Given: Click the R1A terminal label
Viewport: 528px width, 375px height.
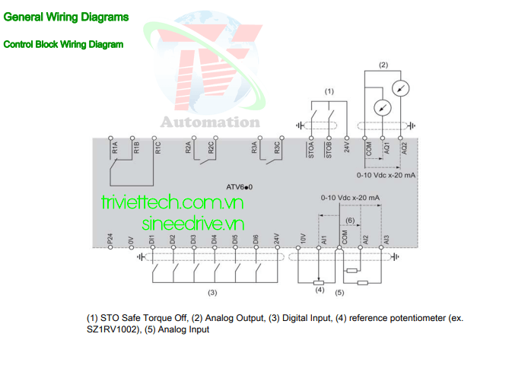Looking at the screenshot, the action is click(x=115, y=148).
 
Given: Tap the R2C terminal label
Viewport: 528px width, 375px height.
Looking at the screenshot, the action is click(x=211, y=148).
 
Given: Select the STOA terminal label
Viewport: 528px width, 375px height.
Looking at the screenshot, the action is click(x=311, y=150).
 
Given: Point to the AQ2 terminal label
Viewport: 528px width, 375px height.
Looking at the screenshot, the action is click(x=405, y=148).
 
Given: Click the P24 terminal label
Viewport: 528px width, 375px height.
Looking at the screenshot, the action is click(x=110, y=239).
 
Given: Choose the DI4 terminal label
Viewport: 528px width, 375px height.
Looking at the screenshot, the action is click(x=214, y=240).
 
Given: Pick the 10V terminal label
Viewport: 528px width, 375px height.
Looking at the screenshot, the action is click(x=303, y=238).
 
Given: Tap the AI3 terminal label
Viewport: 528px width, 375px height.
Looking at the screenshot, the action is click(x=386, y=240).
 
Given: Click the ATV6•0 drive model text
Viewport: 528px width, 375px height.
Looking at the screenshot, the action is click(x=240, y=187).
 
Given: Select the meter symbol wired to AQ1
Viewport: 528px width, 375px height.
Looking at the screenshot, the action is click(x=383, y=108).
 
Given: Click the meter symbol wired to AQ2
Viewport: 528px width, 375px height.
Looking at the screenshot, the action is click(x=401, y=88).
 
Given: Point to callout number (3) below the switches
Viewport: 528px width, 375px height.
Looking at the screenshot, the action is click(x=212, y=293).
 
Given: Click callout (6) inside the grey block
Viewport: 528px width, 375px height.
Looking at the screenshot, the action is click(x=350, y=220).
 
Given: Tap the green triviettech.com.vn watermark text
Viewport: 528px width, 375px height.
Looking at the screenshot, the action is click(x=173, y=202).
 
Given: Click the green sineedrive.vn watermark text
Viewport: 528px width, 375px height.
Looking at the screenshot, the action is click(x=193, y=224).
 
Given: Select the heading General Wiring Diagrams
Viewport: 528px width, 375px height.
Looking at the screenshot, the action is click(x=66, y=17).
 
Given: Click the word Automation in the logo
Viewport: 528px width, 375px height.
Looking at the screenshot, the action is click(x=211, y=122).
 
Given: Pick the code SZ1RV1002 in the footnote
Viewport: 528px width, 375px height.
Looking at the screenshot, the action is click(x=112, y=329).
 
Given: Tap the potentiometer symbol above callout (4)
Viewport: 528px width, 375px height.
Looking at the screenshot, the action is click(x=319, y=283).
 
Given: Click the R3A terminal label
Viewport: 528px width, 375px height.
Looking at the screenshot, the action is click(x=255, y=148).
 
